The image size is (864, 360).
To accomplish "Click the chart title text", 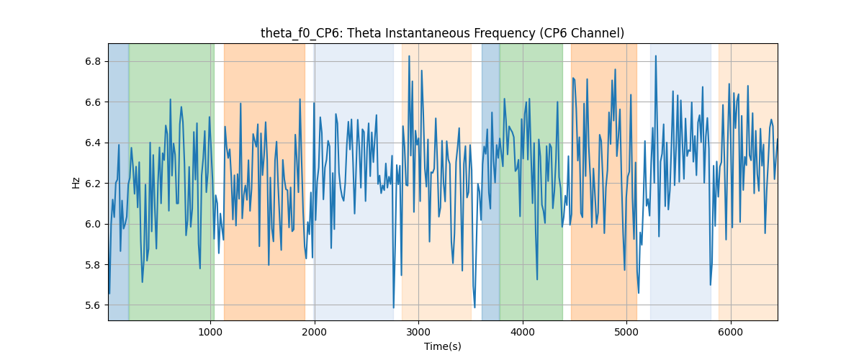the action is point(442,33).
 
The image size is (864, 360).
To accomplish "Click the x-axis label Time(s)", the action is point(442,346).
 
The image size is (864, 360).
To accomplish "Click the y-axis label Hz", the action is point(76,182).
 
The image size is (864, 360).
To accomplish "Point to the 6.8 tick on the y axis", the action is point(93,62).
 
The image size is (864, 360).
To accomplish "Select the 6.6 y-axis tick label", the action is point(93,102).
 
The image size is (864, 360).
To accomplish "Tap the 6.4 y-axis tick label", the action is point(93,143).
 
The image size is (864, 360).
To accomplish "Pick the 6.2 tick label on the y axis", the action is point(93,184).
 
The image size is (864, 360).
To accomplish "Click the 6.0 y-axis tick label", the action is point(93,224).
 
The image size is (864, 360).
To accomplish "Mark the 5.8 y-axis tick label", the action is point(93,265).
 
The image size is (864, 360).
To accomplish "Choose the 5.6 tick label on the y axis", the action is point(93,305).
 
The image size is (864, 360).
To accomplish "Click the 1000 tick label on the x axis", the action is point(210,332).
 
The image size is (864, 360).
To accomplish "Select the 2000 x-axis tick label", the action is point(315,332).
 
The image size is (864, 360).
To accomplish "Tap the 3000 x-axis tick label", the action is point(418,332).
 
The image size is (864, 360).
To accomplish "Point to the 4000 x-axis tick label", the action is point(523,332).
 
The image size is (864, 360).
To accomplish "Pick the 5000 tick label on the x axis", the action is point(626,332).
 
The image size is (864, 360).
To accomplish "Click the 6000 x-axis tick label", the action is point(731,332).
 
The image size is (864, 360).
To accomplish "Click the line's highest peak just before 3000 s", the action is point(409,56).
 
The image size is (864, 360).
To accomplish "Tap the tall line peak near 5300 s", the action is point(656,56).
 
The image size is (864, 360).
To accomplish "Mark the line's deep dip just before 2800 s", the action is point(393,307).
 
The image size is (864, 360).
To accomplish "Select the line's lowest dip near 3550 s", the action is point(474,307).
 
